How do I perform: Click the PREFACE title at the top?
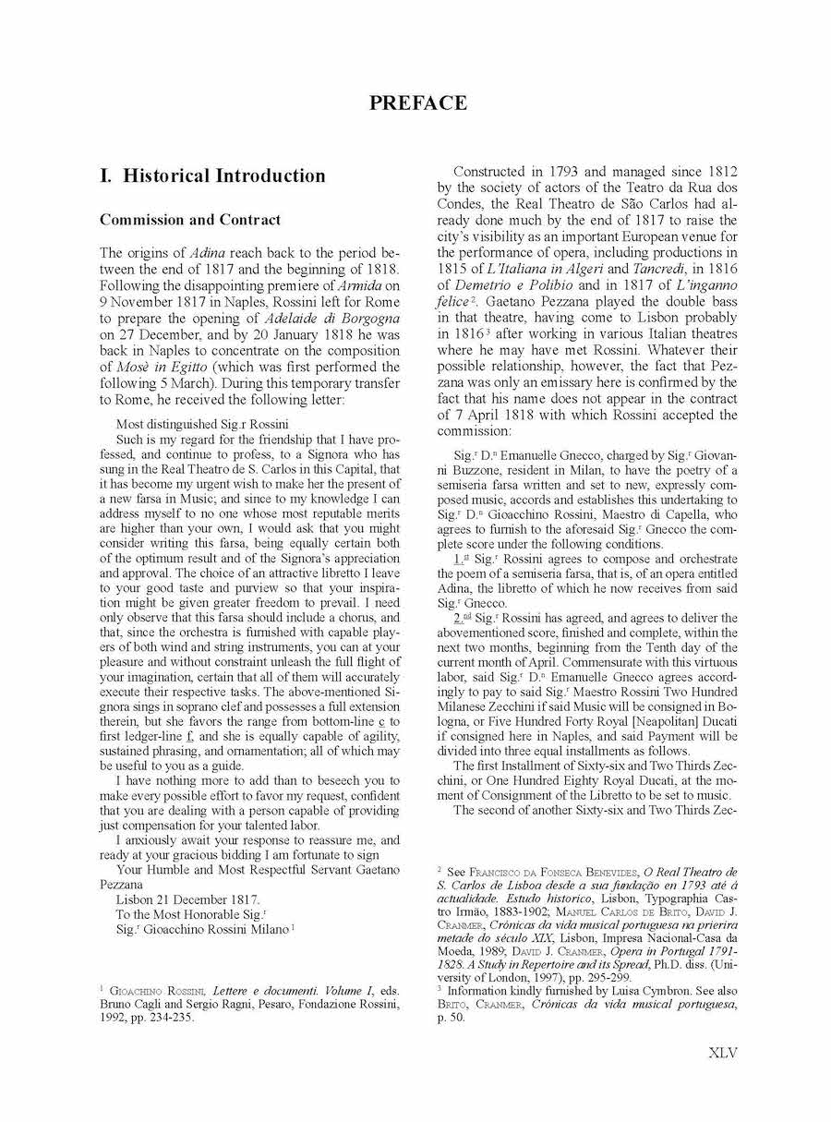[418, 103]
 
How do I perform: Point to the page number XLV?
[723, 1053]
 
